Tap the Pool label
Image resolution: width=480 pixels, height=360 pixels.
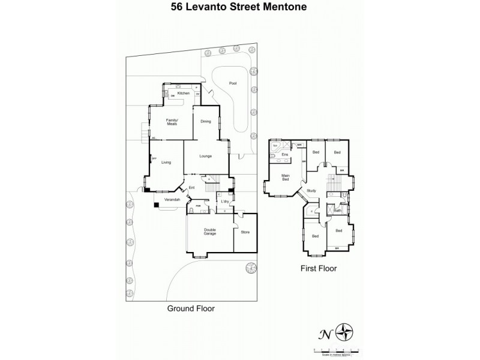pyautogui.click(x=233, y=83)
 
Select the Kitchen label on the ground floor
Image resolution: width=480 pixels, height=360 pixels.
pyautogui.click(x=184, y=94)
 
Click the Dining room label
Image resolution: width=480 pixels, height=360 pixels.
pyautogui.click(x=206, y=122)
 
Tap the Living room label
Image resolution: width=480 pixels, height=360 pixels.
pyautogui.click(x=167, y=162)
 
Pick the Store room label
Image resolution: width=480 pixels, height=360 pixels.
pyautogui.click(x=245, y=232)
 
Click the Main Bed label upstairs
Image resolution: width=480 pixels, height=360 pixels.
pyautogui.click(x=286, y=178)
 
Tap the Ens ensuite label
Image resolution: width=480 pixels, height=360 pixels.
pyautogui.click(x=286, y=155)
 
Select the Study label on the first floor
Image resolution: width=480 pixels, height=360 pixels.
pyautogui.click(x=311, y=190)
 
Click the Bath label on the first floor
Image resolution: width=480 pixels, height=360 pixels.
pyautogui.click(x=338, y=210)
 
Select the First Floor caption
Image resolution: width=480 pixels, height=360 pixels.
pyautogui.click(x=318, y=269)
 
